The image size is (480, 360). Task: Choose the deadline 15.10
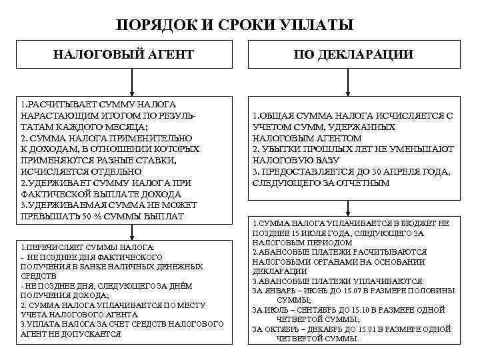tap(361, 309)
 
